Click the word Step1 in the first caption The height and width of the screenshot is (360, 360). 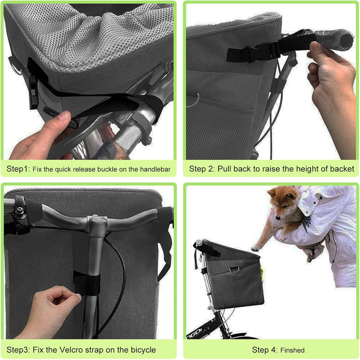(18, 169)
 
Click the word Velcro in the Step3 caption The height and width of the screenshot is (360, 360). (71, 350)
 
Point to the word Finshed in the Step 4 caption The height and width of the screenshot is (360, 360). (292, 350)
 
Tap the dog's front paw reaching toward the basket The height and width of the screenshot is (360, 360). (255, 248)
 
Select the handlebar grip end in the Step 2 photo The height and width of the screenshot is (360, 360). (345, 40)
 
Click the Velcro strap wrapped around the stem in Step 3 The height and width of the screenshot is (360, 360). (86, 283)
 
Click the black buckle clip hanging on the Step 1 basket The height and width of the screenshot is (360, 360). (33, 92)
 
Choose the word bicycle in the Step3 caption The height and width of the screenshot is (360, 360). (143, 350)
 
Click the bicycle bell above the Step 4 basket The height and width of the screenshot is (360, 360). (198, 242)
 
